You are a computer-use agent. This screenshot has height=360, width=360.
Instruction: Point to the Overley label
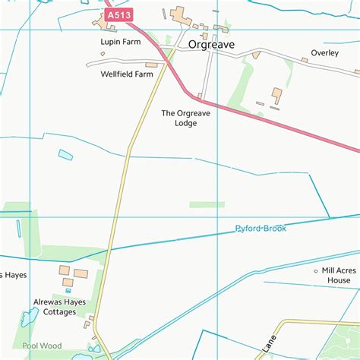tap(324, 53)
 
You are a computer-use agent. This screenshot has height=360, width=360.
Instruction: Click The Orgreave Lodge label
tap(179, 118)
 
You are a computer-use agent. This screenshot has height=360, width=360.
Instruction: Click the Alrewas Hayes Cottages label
tap(55, 306)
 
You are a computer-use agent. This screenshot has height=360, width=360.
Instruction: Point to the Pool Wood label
tap(40, 346)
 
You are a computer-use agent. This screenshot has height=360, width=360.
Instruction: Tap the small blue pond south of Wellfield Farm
tap(66, 155)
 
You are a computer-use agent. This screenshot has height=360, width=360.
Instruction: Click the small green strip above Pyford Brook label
tap(207, 204)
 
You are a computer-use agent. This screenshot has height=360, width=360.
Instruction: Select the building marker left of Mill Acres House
tap(315, 270)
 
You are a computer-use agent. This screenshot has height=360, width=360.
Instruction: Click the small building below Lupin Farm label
tap(103, 53)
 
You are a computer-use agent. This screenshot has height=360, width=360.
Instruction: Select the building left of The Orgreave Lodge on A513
tap(200, 96)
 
